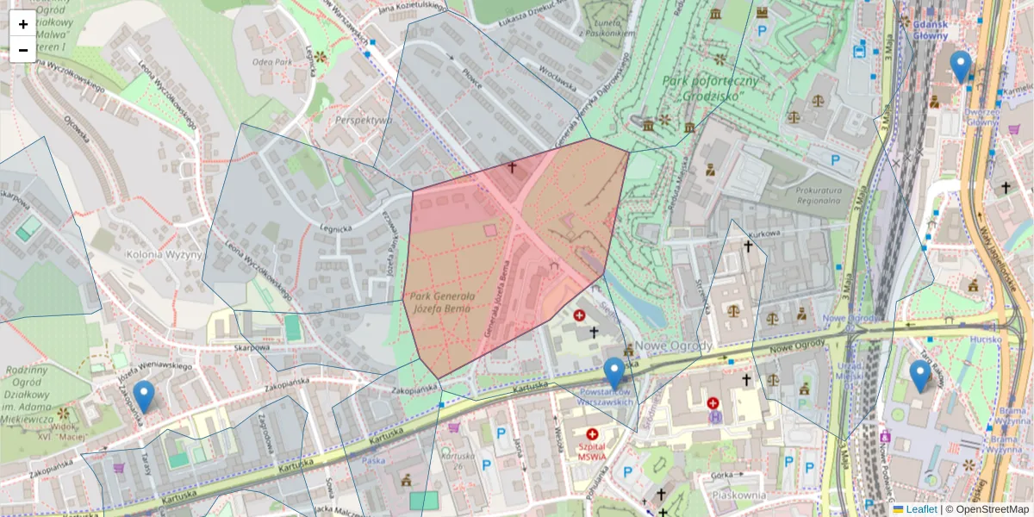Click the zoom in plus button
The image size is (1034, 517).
coord(22,23)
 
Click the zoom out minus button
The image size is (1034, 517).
coord(22,49)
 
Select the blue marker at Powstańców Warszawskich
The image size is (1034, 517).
coord(614,373)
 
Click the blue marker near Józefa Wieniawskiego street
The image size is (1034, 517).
coord(144,396)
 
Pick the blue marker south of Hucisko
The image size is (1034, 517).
coord(920,376)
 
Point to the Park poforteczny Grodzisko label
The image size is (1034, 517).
coord(712,88)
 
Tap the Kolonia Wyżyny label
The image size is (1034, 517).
coord(164,254)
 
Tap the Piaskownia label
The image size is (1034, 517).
coord(734,495)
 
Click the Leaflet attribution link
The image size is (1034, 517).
coord(920,509)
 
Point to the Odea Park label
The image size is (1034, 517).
coord(270,62)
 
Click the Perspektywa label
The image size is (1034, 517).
coord(364,120)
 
